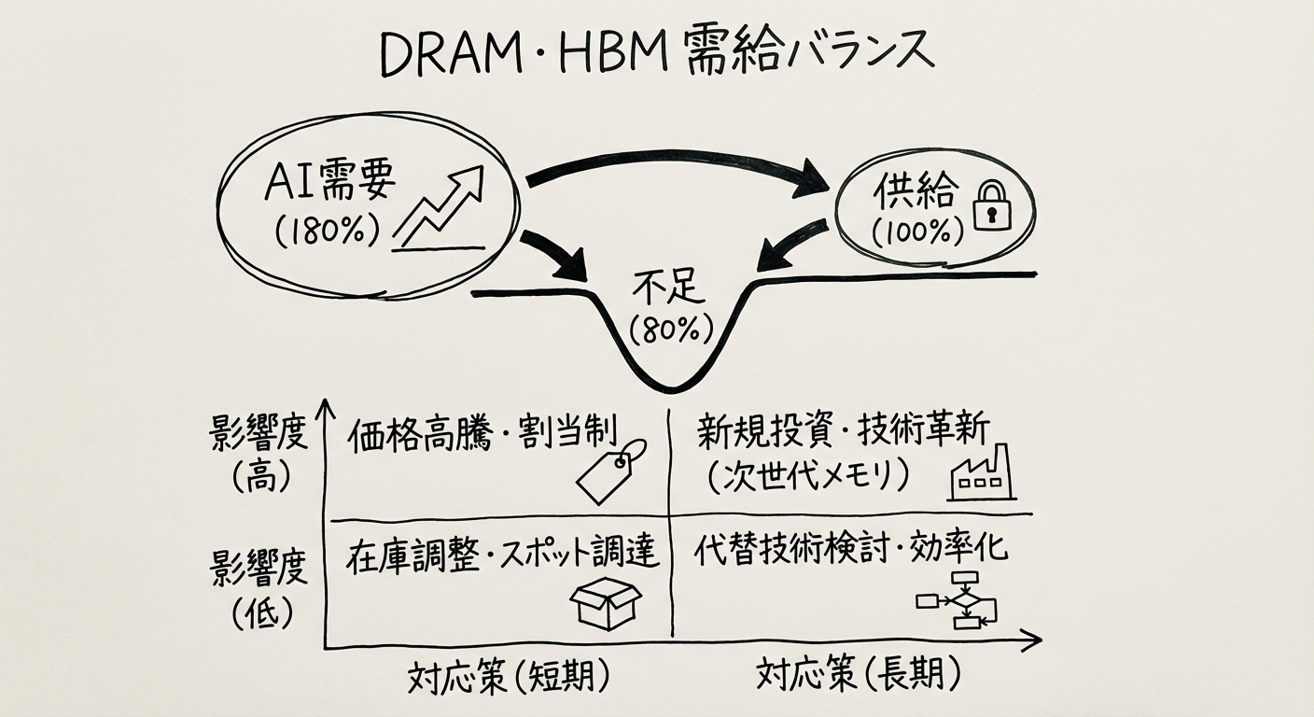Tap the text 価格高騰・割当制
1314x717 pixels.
coord(482,434)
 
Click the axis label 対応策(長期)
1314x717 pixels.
coord(858,674)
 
